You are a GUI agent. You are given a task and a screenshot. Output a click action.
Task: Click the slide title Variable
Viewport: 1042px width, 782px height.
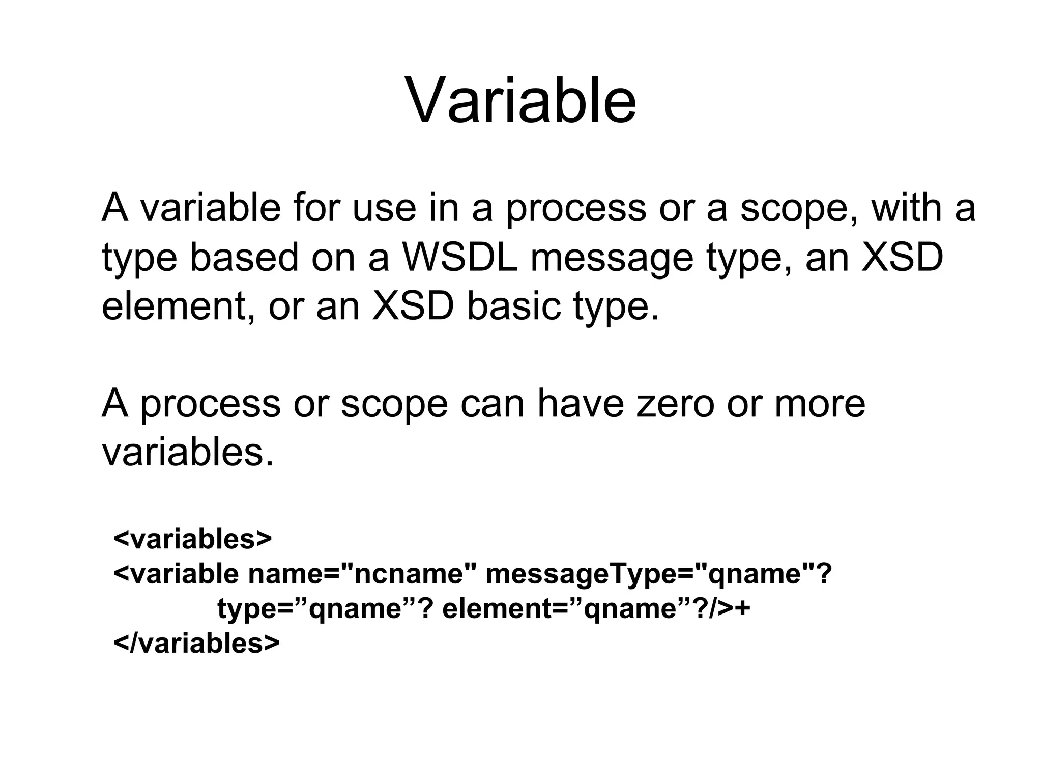click(520, 100)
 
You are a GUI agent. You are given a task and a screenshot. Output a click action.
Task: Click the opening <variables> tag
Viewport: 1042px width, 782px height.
click(193, 539)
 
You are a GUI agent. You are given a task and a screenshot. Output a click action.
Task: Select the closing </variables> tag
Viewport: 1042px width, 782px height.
click(196, 643)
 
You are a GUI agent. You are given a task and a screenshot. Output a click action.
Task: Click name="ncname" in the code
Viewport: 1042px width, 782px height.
click(362, 574)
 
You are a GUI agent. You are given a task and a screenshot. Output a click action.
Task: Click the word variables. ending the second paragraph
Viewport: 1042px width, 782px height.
click(188, 453)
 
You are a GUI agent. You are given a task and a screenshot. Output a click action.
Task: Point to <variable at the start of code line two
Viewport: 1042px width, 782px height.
click(176, 574)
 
